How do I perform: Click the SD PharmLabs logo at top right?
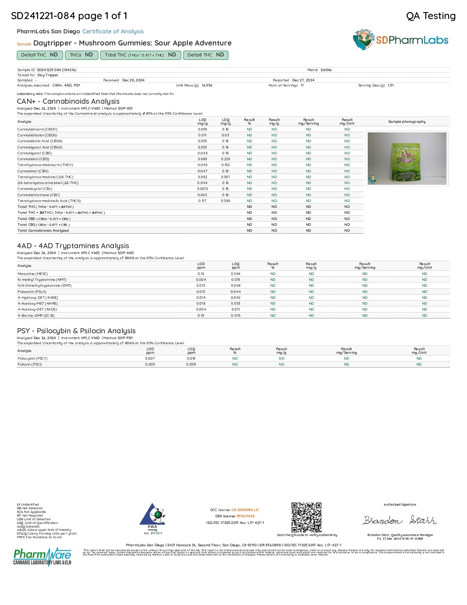(401, 40)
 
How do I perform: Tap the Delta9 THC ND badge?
(40, 55)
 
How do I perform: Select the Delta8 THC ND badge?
(205, 55)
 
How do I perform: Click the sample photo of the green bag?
(407, 158)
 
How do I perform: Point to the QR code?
(307, 517)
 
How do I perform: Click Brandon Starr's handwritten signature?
(400, 520)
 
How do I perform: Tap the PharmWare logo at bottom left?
(42, 557)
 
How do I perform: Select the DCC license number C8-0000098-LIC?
(245, 510)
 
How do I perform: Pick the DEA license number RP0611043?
(245, 516)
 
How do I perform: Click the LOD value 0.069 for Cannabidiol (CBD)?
(203, 159)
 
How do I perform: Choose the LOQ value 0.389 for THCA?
(226, 201)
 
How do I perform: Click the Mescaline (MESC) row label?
(33, 274)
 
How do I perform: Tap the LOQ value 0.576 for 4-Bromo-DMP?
(236, 316)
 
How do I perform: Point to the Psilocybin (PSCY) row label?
(33, 359)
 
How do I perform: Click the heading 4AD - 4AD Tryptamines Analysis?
(73, 246)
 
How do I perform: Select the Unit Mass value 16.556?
(207, 85)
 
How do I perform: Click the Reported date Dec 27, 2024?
(303, 80)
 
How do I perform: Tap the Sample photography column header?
(407, 122)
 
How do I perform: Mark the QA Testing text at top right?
(431, 16)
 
